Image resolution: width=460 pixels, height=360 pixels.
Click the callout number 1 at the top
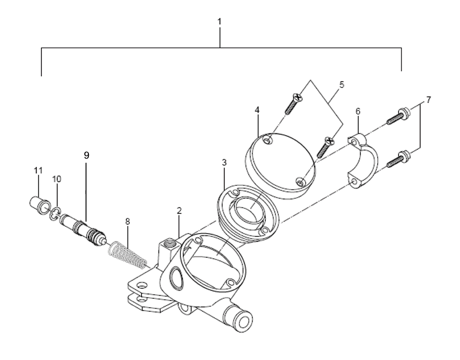pyautogui.click(x=219, y=22)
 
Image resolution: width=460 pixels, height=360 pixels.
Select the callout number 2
pyautogui.click(x=179, y=211)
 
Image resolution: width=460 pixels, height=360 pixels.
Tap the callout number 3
pyautogui.click(x=224, y=163)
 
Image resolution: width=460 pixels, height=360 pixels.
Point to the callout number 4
pyautogui.click(x=257, y=110)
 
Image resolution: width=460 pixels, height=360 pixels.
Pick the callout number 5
pyautogui.click(x=342, y=85)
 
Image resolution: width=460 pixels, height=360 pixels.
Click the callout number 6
pyautogui.click(x=357, y=111)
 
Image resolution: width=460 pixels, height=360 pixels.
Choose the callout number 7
pyautogui.click(x=429, y=100)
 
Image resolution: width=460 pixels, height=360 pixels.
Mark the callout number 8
pyautogui.click(x=127, y=222)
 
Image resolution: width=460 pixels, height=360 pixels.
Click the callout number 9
pyautogui.click(x=86, y=155)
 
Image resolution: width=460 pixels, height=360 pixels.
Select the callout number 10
pyautogui.click(x=57, y=179)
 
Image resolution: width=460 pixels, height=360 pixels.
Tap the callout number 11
pyautogui.click(x=38, y=170)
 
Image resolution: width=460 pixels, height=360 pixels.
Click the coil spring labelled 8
pyautogui.click(x=127, y=254)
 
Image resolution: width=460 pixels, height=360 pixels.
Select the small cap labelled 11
pyautogui.click(x=40, y=206)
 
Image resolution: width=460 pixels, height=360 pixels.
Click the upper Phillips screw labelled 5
pyautogui.click(x=293, y=103)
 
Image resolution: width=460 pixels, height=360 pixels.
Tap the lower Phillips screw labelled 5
pyautogui.click(x=326, y=148)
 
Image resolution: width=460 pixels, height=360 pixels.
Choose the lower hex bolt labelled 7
pyautogui.click(x=398, y=159)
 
